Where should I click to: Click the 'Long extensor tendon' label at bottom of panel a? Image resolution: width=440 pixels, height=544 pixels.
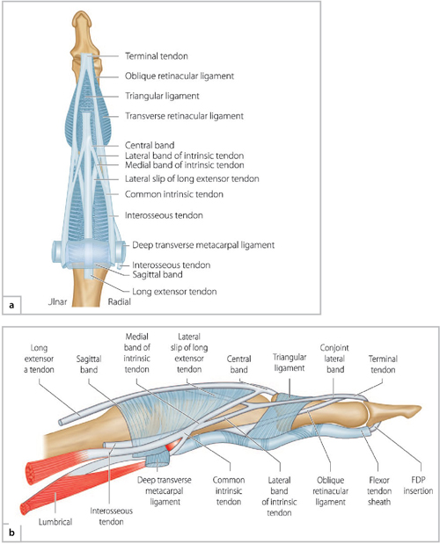click(x=172, y=291)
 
